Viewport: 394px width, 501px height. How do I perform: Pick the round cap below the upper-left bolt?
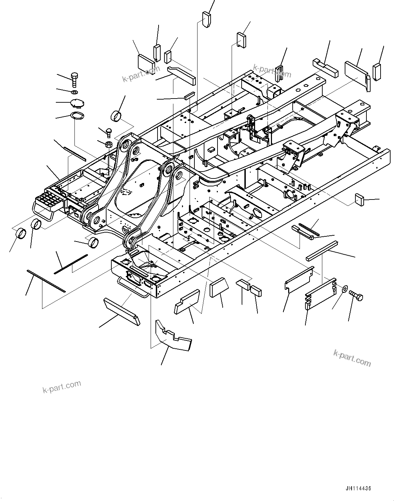coord(77,103)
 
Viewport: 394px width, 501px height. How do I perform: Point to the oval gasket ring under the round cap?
coord(77,116)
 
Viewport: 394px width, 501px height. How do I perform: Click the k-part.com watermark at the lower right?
coord(352,358)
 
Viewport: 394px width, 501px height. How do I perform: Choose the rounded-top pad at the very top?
coord(206,20)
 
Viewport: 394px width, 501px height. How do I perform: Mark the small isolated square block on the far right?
coord(360,199)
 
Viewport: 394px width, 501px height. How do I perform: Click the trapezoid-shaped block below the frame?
coord(218,287)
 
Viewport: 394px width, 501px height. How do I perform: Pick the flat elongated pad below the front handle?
coord(122,311)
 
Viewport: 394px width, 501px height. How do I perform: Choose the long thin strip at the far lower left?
coord(46,280)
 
